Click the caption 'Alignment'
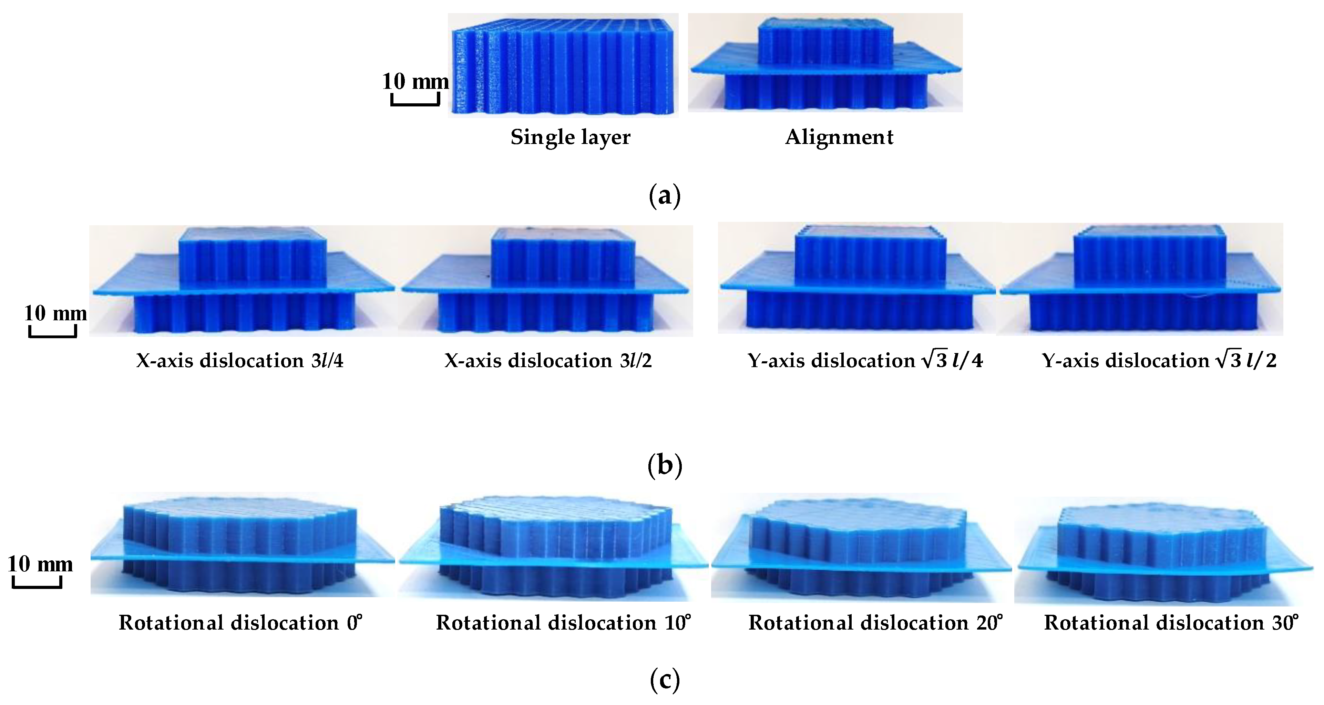[839, 137]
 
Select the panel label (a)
[665, 196]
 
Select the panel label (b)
[665, 465]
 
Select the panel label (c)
[665, 680]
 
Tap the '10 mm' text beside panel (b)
[55, 313]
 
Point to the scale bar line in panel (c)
[37, 586]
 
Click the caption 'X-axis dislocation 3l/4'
[239, 361]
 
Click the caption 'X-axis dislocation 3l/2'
[548, 361]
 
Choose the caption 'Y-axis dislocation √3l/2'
[1159, 361]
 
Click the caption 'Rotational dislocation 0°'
[240, 623]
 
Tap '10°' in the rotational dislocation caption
[677, 622]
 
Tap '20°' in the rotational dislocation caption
[989, 622]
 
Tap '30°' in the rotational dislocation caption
[1285, 622]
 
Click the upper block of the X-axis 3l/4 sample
[252, 257]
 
